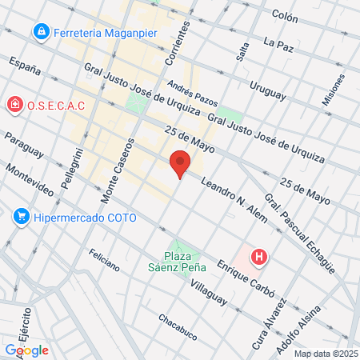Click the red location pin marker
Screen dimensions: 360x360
[180, 163]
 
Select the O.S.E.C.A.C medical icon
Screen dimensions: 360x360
[14, 105]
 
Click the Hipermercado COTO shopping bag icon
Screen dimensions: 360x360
[22, 217]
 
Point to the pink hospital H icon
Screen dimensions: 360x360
[259, 257]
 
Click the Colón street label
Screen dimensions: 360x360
[284, 15]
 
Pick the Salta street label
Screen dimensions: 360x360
[242, 51]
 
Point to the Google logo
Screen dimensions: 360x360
[26, 350]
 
